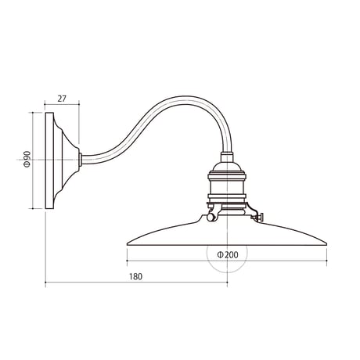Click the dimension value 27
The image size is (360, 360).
coord(62,99)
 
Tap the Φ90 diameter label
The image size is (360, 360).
coord(27,159)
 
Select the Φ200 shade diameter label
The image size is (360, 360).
coord(228,254)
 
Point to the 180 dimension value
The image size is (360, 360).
coord(136,276)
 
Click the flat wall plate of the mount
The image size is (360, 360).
coord(49,160)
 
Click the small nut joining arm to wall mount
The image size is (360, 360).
coord(81,159)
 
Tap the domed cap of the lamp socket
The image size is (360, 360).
coord(227,167)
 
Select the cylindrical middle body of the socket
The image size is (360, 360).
coord(227,186)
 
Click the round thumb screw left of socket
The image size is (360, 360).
coord(211,217)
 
